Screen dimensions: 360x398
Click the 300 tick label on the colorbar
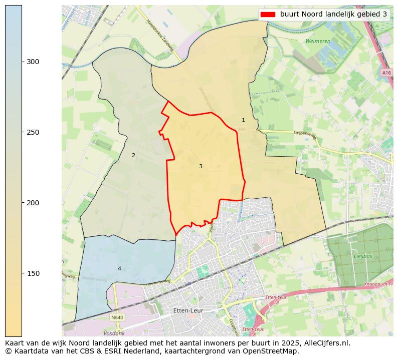pyautogui.click(x=33, y=62)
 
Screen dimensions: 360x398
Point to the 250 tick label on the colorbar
pyautogui.click(x=33, y=132)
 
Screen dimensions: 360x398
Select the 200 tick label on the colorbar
pyautogui.click(x=33, y=203)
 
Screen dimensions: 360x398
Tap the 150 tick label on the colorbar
pyautogui.click(x=33, y=273)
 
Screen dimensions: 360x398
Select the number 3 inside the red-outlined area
pyautogui.click(x=201, y=166)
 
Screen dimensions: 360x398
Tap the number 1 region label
pyautogui.click(x=243, y=120)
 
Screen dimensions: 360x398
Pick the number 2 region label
pyautogui.click(x=133, y=155)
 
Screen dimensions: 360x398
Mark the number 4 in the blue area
pyautogui.click(x=119, y=268)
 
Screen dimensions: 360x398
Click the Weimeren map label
pyautogui.click(x=318, y=41)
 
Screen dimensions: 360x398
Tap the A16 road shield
pyautogui.click(x=386, y=73)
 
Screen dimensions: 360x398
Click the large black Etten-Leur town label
pyautogui.click(x=187, y=310)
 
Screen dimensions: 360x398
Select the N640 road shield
pyautogui.click(x=117, y=317)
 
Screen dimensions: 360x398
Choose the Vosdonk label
pyautogui.click(x=114, y=333)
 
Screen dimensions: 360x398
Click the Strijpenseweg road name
pyautogui.click(x=305, y=134)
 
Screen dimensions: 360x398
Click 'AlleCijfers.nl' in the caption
pyautogui.click(x=325, y=343)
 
